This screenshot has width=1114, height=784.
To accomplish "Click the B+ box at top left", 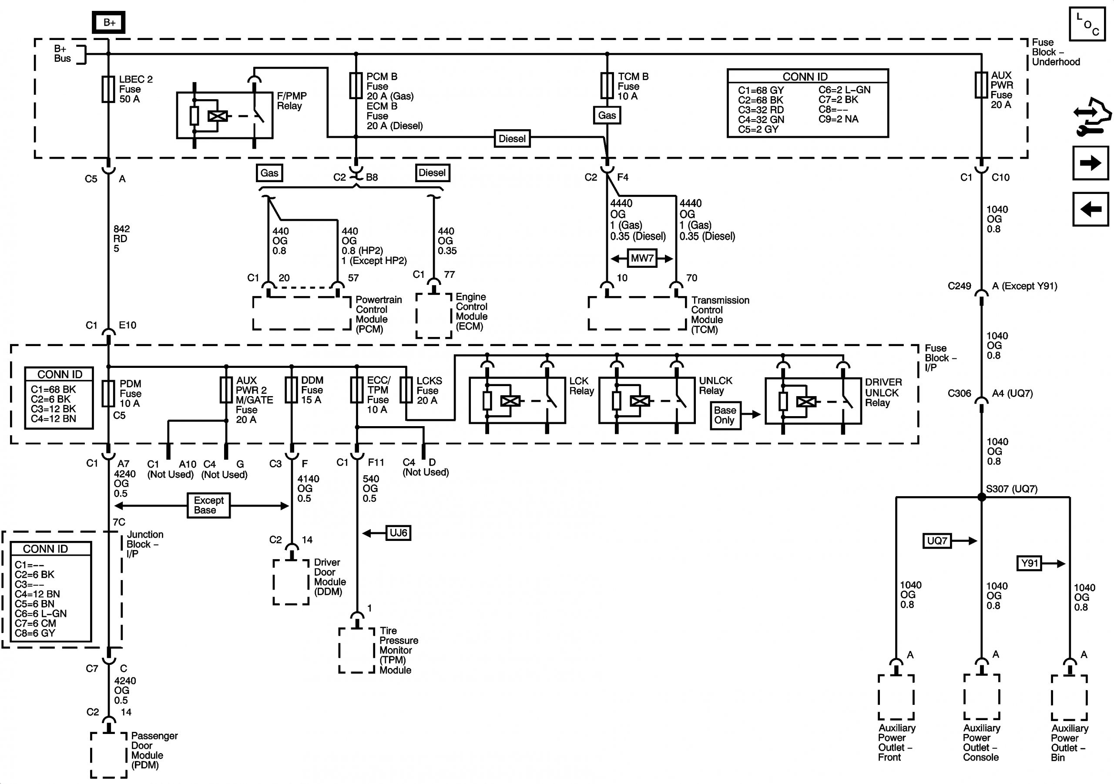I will [109, 22].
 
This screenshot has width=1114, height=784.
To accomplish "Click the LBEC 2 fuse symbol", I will [108, 89].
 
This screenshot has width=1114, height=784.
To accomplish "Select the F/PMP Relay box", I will [225, 115].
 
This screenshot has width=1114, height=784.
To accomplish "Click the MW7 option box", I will [642, 258].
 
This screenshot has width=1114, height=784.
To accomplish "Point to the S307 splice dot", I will [982, 497].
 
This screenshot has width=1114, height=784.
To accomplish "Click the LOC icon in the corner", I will [1087, 24].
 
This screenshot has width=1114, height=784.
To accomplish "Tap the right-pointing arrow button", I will [1090, 163].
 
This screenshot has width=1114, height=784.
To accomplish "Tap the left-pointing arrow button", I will [1090, 210].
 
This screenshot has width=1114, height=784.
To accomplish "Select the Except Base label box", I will [208, 505].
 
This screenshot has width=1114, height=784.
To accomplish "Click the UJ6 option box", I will [398, 533].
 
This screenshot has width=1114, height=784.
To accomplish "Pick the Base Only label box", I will [725, 415].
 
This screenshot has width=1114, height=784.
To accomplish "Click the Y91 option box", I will [1029, 564].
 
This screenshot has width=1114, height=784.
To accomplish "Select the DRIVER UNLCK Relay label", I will [883, 392].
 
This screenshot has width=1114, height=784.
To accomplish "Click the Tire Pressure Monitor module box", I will [357, 651].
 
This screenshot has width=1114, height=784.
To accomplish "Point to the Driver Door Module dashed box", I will [291, 582].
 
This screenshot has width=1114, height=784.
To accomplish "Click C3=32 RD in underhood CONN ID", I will [761, 110].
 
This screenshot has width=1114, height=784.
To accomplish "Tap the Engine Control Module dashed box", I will [433, 316].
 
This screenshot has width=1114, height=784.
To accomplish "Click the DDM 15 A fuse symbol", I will [291, 390].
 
